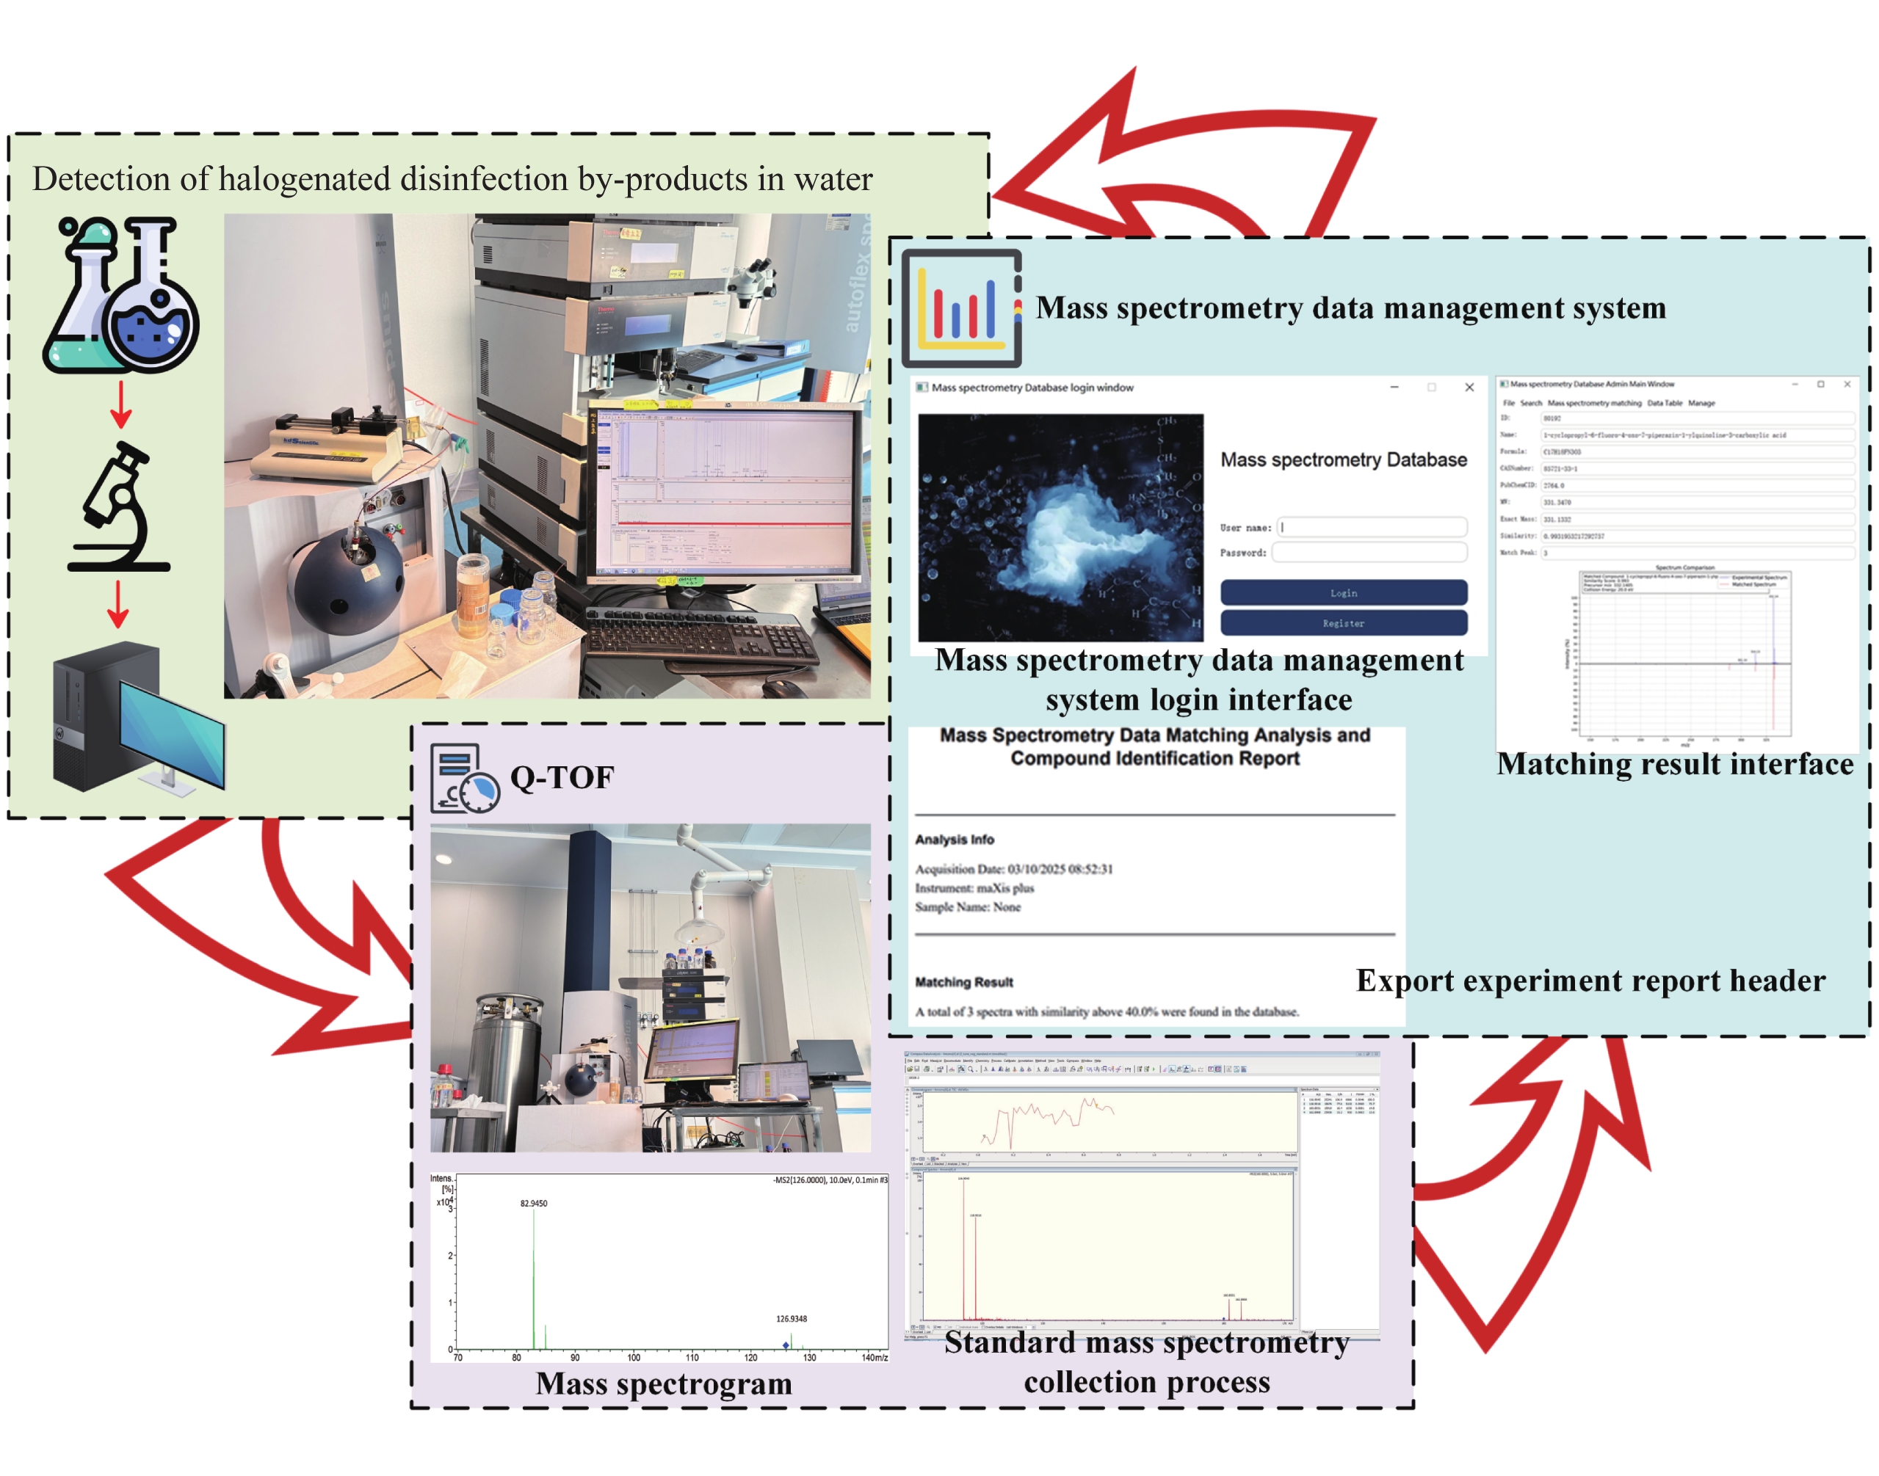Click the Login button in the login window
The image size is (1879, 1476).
click(1342, 593)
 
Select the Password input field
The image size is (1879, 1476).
click(1369, 552)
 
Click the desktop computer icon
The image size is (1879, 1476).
click(138, 717)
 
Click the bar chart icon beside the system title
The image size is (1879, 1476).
click(961, 308)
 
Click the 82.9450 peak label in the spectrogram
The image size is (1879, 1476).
click(533, 1203)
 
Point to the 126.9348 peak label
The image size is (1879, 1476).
click(791, 1319)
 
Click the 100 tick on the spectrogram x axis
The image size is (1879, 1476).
click(634, 1358)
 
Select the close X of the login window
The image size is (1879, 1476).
click(1469, 387)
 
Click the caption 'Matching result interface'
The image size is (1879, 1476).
click(1674, 764)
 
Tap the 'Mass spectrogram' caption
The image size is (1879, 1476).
click(663, 1384)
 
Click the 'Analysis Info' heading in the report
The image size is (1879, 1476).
click(955, 839)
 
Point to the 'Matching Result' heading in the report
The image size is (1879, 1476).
click(963, 982)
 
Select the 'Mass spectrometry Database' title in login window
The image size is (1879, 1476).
click(1343, 459)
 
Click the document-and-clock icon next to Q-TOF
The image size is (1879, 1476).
click(464, 778)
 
